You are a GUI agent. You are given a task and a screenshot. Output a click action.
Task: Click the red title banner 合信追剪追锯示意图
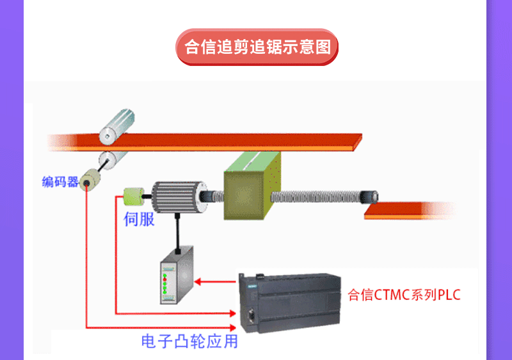coord(257,47)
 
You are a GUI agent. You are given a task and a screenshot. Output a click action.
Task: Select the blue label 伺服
coord(139,220)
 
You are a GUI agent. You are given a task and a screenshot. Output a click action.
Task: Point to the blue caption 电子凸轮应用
coord(189,341)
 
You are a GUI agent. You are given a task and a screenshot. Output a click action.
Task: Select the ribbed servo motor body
coord(176,195)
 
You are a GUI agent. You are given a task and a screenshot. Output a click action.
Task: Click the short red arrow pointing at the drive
coord(215,281)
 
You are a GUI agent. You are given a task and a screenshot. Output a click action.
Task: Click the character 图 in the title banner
coord(323,47)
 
